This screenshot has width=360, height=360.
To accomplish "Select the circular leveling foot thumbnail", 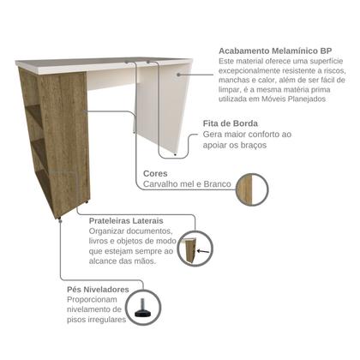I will [x=143, y=310].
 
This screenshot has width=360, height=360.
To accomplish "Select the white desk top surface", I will [x=103, y=62].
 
